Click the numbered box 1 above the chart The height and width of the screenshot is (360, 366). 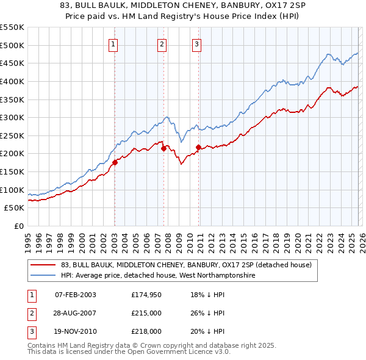coord(114,43)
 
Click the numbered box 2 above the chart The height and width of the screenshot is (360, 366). coord(162,43)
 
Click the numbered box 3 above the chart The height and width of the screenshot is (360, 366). coord(197,43)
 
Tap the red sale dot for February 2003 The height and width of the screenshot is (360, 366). coord(115,162)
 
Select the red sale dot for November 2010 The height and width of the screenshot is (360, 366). coord(199,147)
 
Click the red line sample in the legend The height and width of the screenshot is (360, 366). coord(43,265)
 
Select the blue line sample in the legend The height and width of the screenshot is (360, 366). coord(43,276)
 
